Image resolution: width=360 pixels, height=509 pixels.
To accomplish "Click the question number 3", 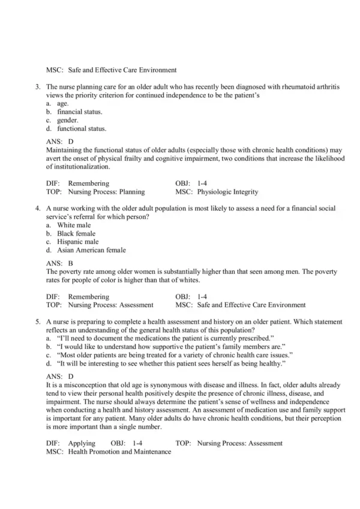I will pyautogui.click(x=37, y=87).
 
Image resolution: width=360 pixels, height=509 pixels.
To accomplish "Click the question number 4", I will pyautogui.click(x=37, y=207).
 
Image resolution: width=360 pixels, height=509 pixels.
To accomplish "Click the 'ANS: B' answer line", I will pyautogui.click(x=59, y=263).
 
